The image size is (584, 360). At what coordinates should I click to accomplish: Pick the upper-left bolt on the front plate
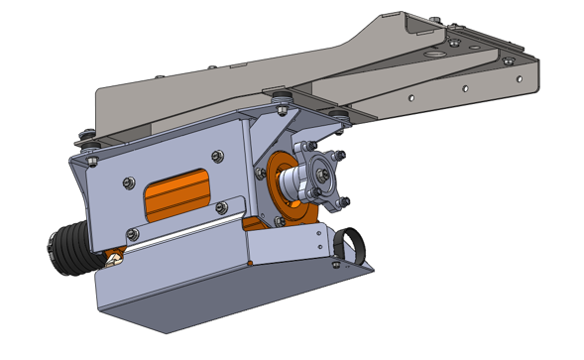coord(128,182)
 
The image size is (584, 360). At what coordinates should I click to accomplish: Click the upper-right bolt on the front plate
coord(217,156)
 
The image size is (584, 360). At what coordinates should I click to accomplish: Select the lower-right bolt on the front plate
coord(221,207)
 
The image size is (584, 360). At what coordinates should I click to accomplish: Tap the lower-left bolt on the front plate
coord(131,235)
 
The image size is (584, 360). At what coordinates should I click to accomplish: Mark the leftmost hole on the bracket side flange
coord(412,98)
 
